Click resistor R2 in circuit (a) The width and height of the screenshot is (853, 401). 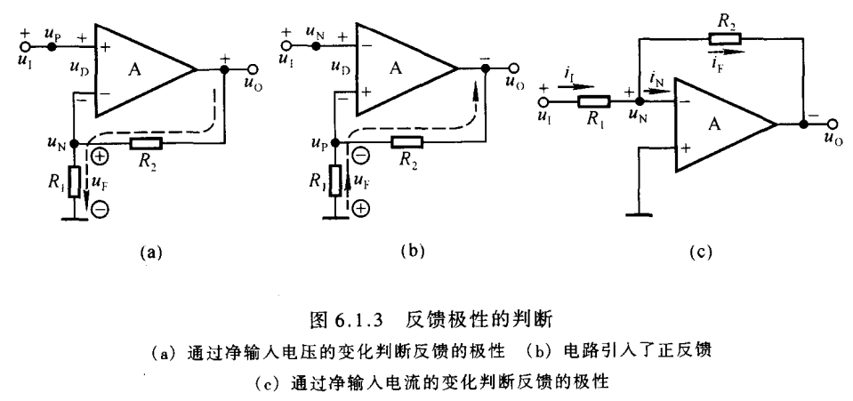pos(146,142)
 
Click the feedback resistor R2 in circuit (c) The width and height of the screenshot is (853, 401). pos(722,37)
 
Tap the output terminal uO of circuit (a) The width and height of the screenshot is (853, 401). pos(253,69)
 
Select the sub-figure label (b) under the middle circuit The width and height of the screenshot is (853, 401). pos(411,252)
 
